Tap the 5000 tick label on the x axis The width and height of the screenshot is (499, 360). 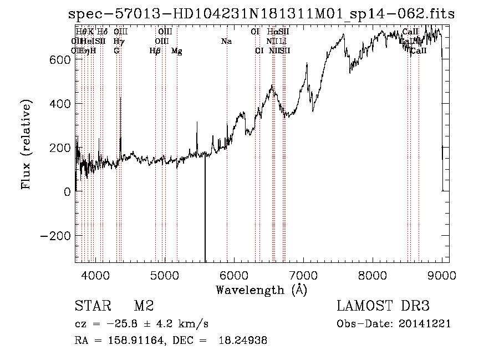[165, 274]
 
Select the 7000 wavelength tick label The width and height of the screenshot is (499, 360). [303, 274]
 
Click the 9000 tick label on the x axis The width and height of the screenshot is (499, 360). [442, 274]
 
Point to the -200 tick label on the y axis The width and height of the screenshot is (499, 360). [55, 236]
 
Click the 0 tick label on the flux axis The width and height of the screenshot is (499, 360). [67, 192]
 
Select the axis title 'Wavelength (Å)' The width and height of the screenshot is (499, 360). [261, 290]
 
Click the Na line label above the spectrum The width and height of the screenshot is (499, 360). [226, 42]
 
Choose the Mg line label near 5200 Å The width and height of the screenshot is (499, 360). [177, 51]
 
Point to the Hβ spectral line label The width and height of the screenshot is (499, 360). [155, 51]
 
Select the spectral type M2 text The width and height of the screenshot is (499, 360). [144, 306]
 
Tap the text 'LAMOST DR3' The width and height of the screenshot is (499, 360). [383, 306]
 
